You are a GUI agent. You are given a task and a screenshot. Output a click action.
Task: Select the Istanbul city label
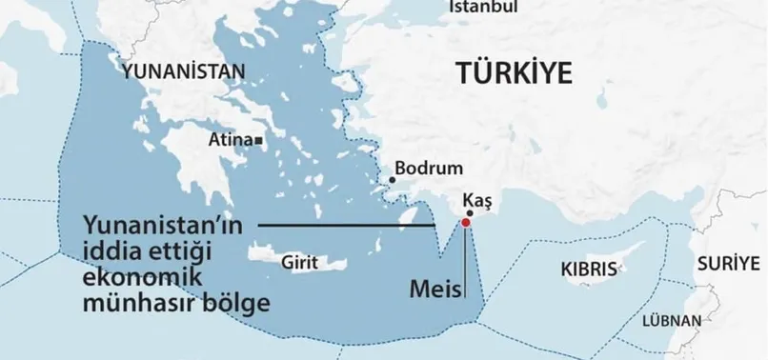[x=483, y=8]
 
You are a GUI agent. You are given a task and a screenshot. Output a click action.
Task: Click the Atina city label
[x=230, y=139]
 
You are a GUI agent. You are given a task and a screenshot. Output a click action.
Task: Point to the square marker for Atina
[x=260, y=140]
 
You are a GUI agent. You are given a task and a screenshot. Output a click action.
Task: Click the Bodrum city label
[x=428, y=168]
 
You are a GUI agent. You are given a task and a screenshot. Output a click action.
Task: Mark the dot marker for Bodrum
[x=391, y=179]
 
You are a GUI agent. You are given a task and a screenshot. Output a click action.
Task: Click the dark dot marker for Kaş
[x=470, y=214]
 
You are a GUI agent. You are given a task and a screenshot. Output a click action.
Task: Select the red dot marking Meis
[x=465, y=223]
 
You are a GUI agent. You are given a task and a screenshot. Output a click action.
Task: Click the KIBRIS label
[x=589, y=270]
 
